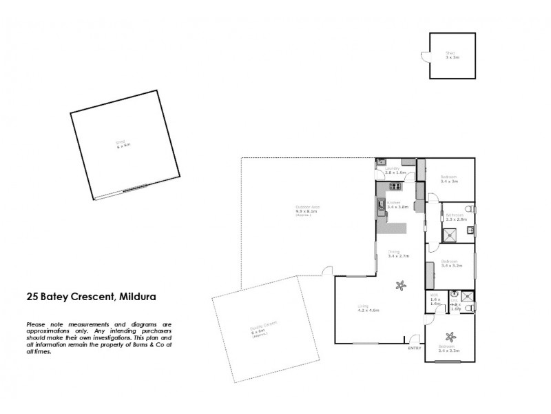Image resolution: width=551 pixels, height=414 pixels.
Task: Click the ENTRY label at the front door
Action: coord(414,348)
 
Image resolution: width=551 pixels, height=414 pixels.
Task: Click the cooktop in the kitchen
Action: coord(395,186)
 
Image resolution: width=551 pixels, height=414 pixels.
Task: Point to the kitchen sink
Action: coord(380,204)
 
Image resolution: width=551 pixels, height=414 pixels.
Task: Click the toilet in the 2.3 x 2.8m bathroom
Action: coord(469,208)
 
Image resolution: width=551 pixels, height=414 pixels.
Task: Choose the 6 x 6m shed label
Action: coord(123,145)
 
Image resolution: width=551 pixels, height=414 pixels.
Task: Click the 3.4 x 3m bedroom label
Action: coord(449,180)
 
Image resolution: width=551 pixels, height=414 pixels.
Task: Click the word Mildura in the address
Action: coord(137,297)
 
